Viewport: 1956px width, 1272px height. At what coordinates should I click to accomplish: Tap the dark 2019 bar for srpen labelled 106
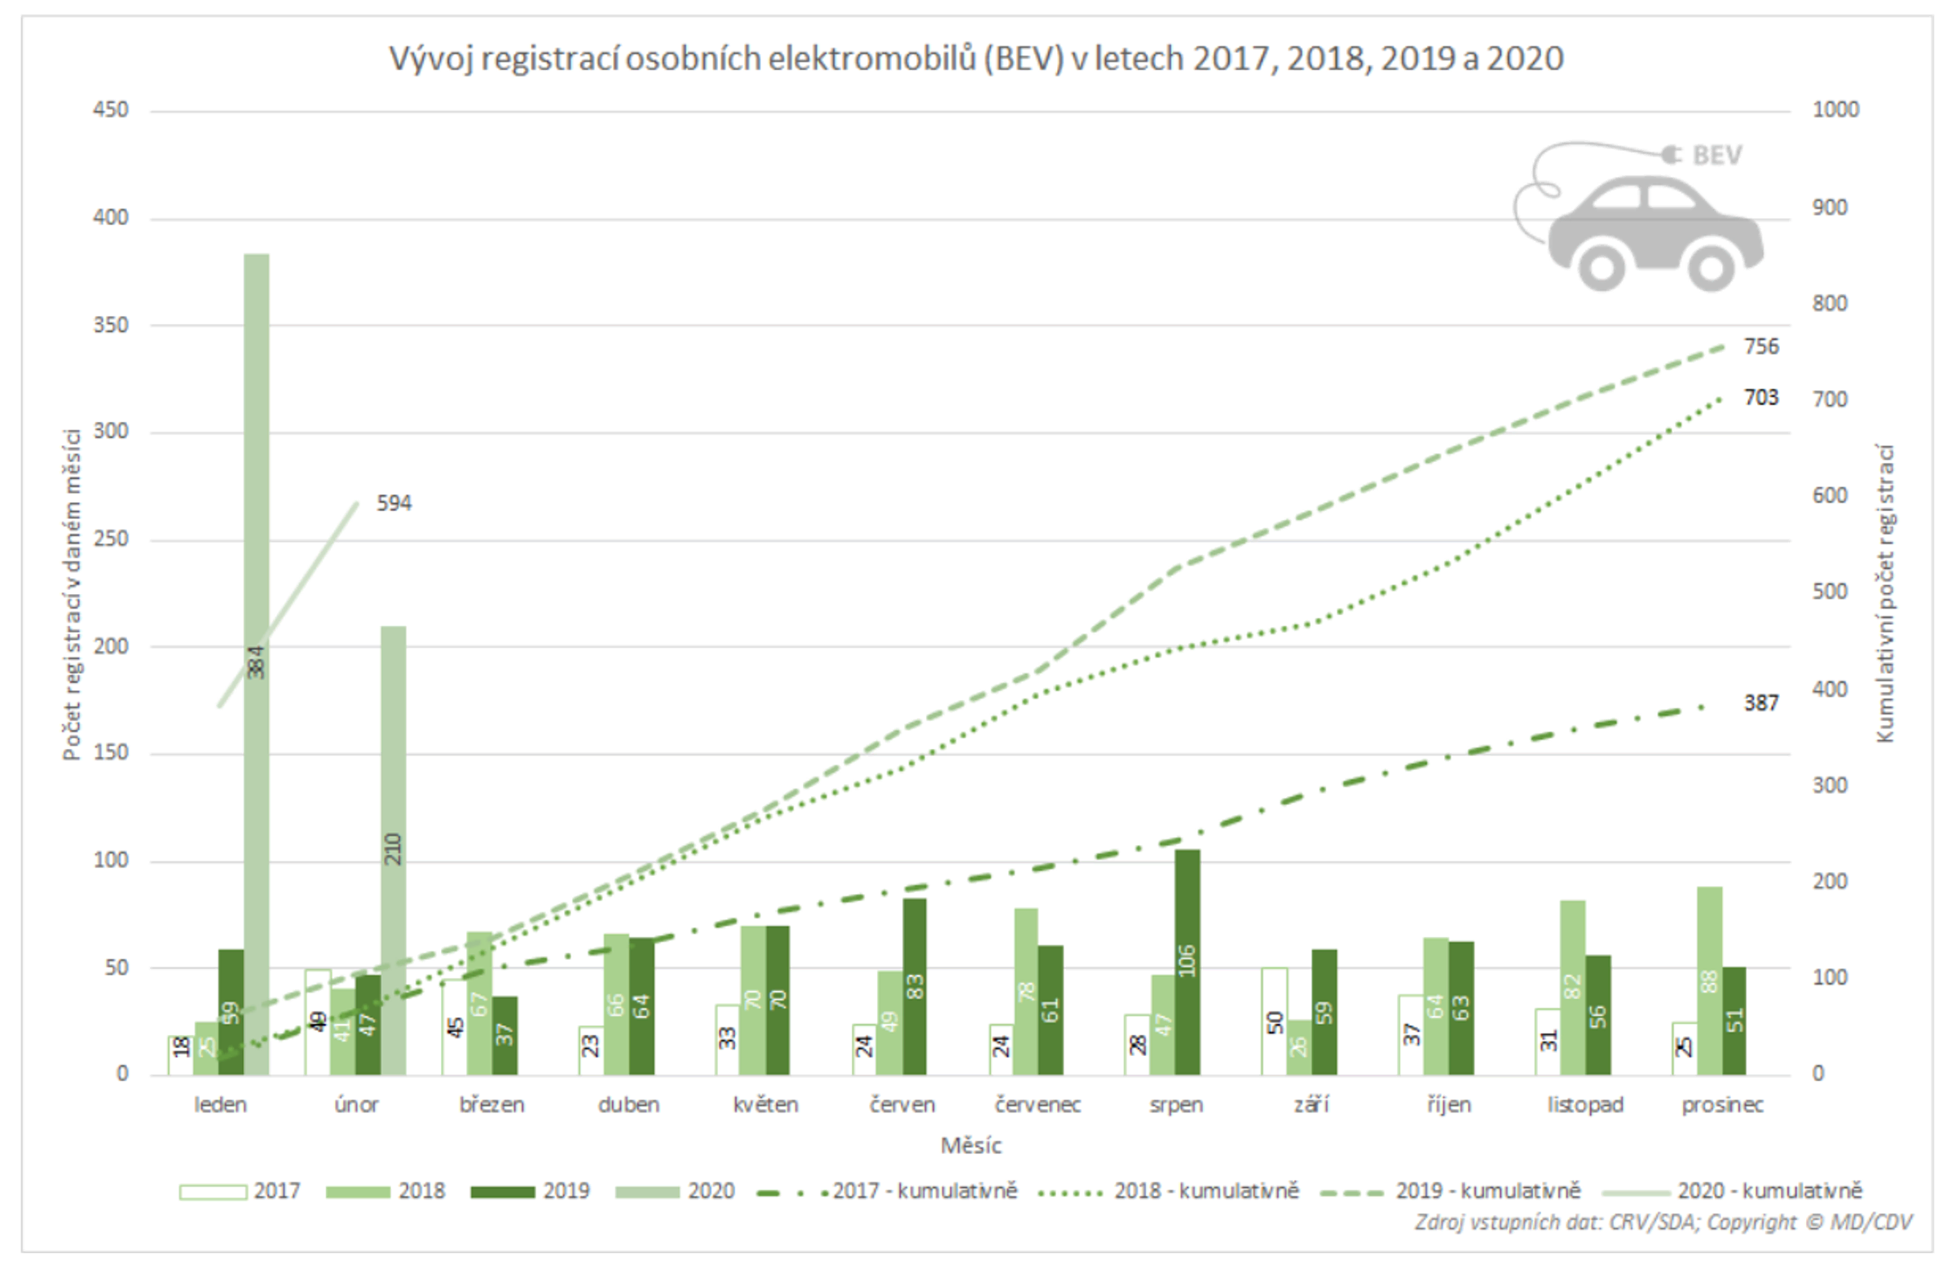1187,962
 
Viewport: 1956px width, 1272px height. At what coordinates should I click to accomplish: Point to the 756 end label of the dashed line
1761,347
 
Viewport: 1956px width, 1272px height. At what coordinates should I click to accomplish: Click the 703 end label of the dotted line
1761,398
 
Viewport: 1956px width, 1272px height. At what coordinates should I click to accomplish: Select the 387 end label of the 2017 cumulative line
1761,703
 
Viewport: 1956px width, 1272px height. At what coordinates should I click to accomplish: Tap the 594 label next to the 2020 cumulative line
394,503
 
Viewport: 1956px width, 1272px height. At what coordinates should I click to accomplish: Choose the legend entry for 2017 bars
240,1191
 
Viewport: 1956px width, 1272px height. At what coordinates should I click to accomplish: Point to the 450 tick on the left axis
110,110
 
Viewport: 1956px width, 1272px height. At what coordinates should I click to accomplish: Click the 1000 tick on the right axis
1835,110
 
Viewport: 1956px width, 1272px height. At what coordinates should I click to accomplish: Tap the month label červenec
1037,1104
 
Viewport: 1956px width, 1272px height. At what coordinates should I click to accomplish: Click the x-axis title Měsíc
971,1146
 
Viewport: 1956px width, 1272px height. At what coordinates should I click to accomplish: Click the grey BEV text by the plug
1717,156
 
